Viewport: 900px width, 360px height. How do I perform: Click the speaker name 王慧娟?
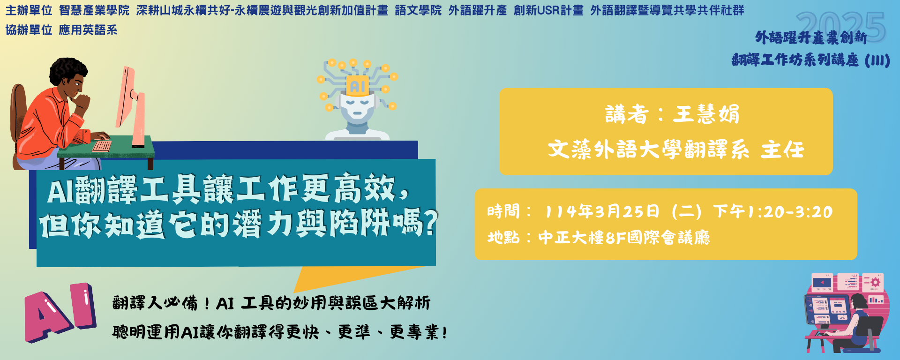click(x=706, y=114)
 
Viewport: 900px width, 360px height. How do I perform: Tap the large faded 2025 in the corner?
click(x=840, y=27)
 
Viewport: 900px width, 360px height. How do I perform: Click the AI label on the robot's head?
click(x=358, y=86)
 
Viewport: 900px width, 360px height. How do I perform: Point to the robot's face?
click(x=357, y=107)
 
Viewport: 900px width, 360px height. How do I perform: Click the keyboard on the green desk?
click(x=102, y=145)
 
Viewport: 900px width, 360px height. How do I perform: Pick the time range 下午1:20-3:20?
click(x=772, y=211)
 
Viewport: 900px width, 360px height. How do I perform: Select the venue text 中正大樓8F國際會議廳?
click(x=624, y=238)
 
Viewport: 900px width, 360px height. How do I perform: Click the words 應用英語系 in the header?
click(x=88, y=30)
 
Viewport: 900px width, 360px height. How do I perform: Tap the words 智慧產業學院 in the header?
click(x=94, y=10)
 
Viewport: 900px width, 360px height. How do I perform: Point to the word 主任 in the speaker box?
click(x=782, y=150)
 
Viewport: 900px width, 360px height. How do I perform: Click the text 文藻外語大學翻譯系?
click(x=648, y=150)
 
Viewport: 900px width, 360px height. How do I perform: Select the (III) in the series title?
click(x=877, y=60)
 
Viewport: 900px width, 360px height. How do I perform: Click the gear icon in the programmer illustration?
click(x=874, y=282)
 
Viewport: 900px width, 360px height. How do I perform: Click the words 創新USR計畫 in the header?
click(x=548, y=10)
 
